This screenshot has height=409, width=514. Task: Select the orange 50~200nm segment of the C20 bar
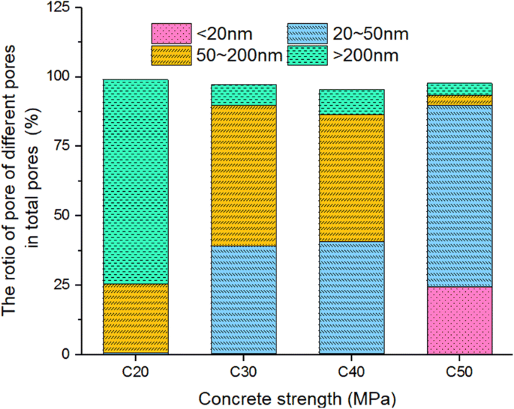(x=135, y=319)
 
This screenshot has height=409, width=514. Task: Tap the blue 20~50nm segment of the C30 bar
(x=244, y=300)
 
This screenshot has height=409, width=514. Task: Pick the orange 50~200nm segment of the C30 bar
(x=244, y=175)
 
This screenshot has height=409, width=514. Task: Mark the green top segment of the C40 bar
(x=352, y=102)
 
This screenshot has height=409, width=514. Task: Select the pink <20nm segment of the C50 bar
(x=460, y=320)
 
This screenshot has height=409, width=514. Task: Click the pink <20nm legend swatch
(x=172, y=33)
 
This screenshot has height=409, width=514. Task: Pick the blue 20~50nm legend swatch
(x=308, y=33)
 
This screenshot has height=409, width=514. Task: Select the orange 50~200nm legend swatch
(x=172, y=55)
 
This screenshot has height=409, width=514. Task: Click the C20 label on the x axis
(x=135, y=369)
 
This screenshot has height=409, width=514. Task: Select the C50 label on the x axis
(x=460, y=369)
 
